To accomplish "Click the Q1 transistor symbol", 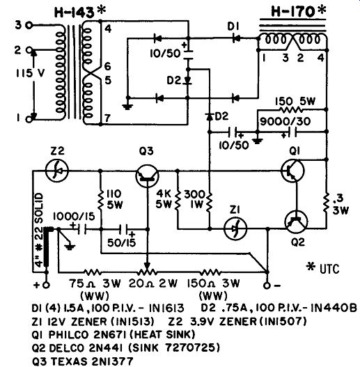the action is click(x=292, y=171).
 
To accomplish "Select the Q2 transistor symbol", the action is click(x=297, y=222).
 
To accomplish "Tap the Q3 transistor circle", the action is click(x=147, y=176).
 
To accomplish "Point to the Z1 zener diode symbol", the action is click(x=235, y=228).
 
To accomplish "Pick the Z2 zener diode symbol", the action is click(x=56, y=171).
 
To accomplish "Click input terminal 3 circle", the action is click(x=29, y=25).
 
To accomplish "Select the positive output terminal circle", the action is click(x=47, y=286).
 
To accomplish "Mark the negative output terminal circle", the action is click(x=267, y=286).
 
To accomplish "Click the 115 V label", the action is click(x=30, y=74).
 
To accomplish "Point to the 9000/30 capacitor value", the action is click(x=285, y=121).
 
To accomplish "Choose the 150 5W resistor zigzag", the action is click(x=290, y=109).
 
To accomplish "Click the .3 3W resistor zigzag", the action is click(x=326, y=203).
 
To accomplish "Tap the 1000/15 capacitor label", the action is click(x=74, y=217).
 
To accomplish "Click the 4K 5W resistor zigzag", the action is click(x=178, y=201).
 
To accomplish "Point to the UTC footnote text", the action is click(x=323, y=269).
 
